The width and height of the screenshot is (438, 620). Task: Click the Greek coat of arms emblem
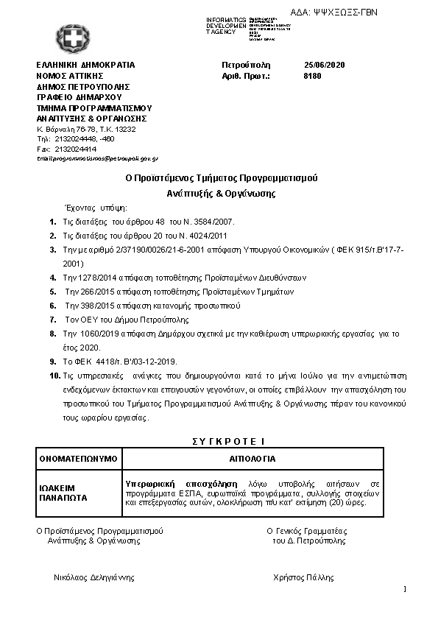click(71, 38)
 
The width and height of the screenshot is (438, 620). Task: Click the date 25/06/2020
click(324, 65)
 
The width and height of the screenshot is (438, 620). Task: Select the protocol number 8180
click(312, 76)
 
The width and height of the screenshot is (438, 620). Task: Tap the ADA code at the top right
click(345, 13)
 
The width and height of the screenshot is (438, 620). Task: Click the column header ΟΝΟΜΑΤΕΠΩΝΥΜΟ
click(78, 459)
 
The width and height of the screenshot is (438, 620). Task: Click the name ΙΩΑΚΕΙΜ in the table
click(56, 487)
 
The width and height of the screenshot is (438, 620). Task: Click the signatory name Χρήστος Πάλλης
click(303, 577)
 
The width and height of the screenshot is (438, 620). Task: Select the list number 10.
click(53, 376)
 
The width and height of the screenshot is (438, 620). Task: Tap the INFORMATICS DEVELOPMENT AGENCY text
click(225, 26)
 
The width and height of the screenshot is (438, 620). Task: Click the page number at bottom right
click(405, 588)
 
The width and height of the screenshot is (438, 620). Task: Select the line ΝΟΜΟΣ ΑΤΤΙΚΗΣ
click(69, 75)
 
